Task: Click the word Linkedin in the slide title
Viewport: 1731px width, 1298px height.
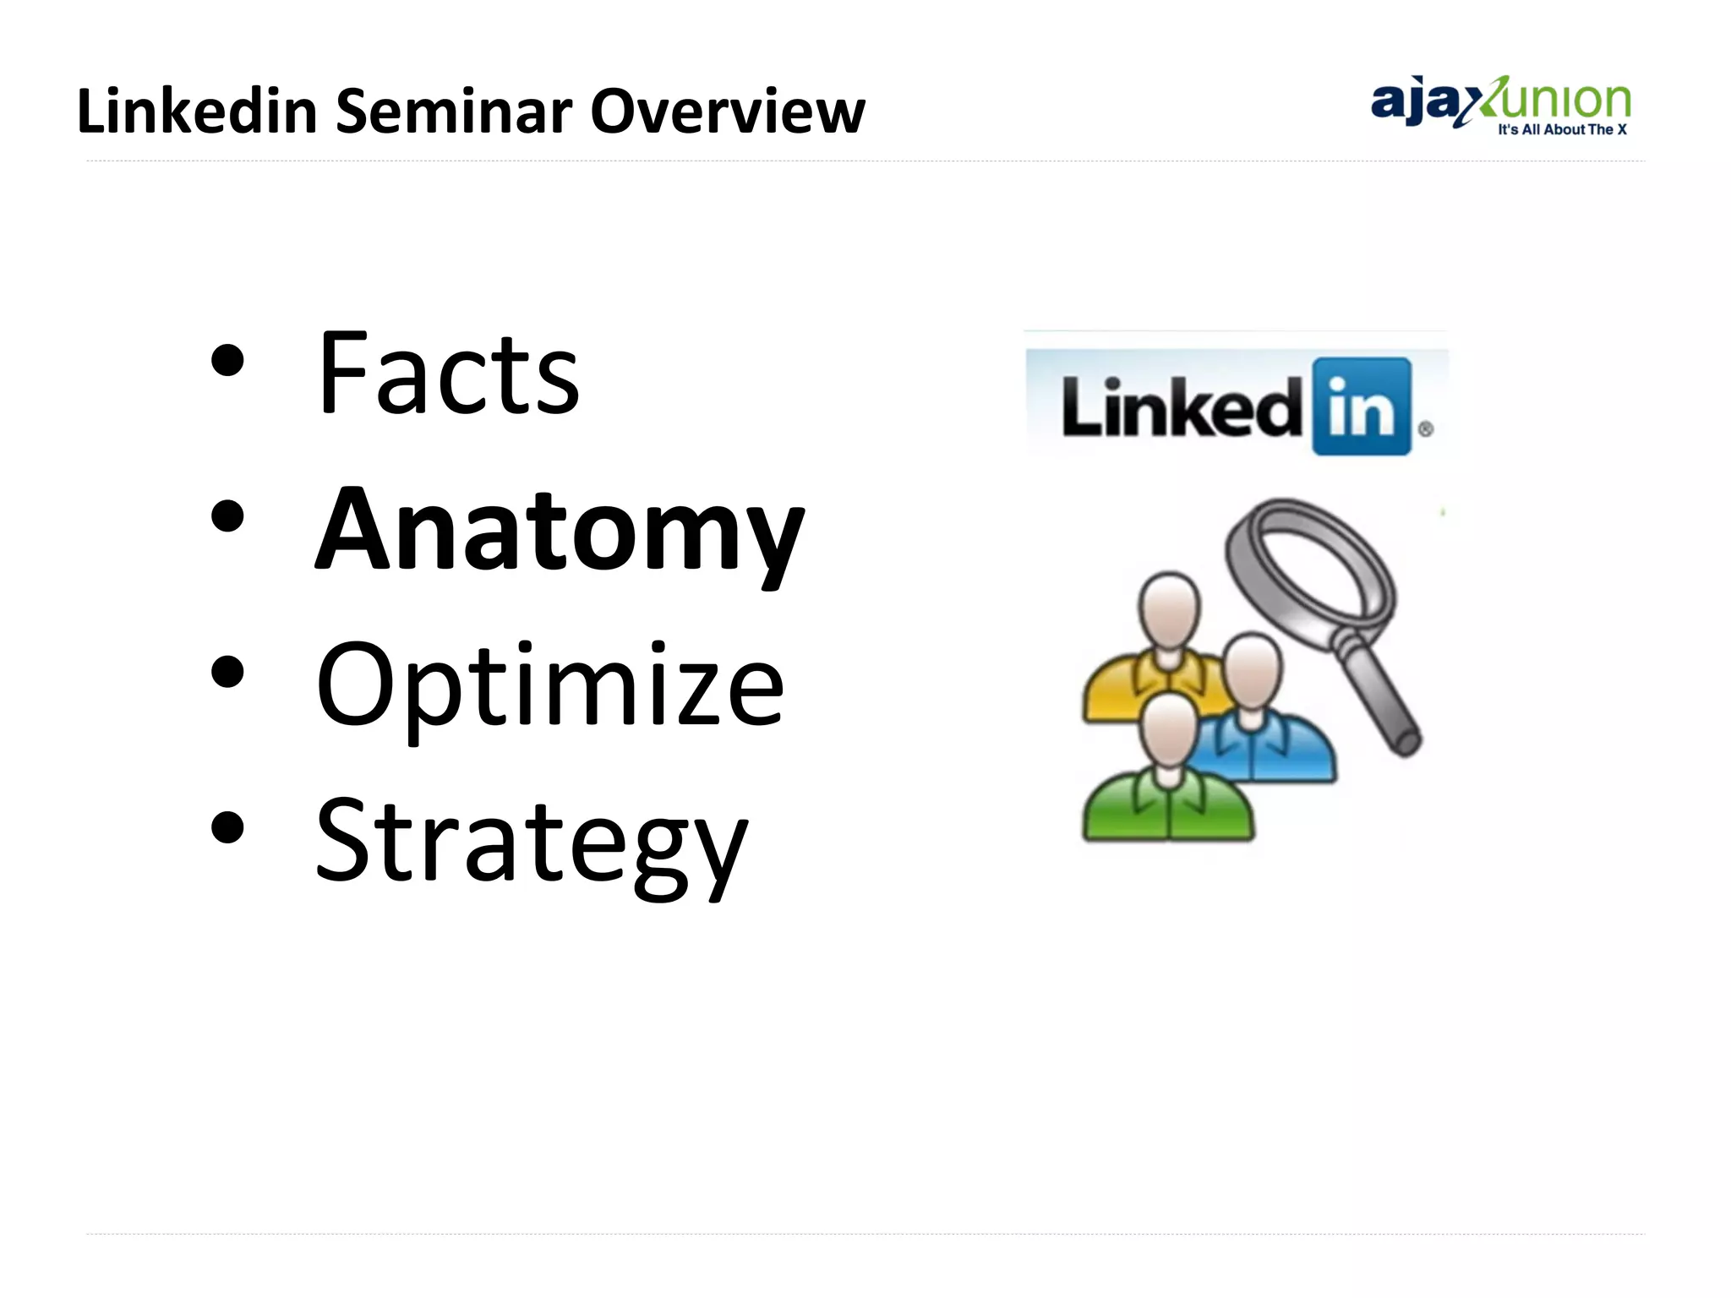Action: [x=196, y=112]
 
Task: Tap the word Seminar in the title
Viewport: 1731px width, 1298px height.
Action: [x=453, y=112]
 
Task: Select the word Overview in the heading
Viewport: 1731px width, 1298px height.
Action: [x=727, y=112]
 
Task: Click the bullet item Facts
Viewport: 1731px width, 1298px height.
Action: [x=448, y=374]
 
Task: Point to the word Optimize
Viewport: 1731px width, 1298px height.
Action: [x=549, y=686]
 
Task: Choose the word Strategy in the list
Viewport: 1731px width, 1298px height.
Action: [x=531, y=842]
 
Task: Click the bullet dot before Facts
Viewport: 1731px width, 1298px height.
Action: [x=227, y=362]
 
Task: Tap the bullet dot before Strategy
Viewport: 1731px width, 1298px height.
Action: [x=227, y=828]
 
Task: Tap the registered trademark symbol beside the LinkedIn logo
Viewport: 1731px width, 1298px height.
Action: [x=1425, y=429]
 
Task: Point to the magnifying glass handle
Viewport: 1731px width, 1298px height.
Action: [x=1381, y=701]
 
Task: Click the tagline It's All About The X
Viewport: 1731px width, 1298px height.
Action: [x=1562, y=130]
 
